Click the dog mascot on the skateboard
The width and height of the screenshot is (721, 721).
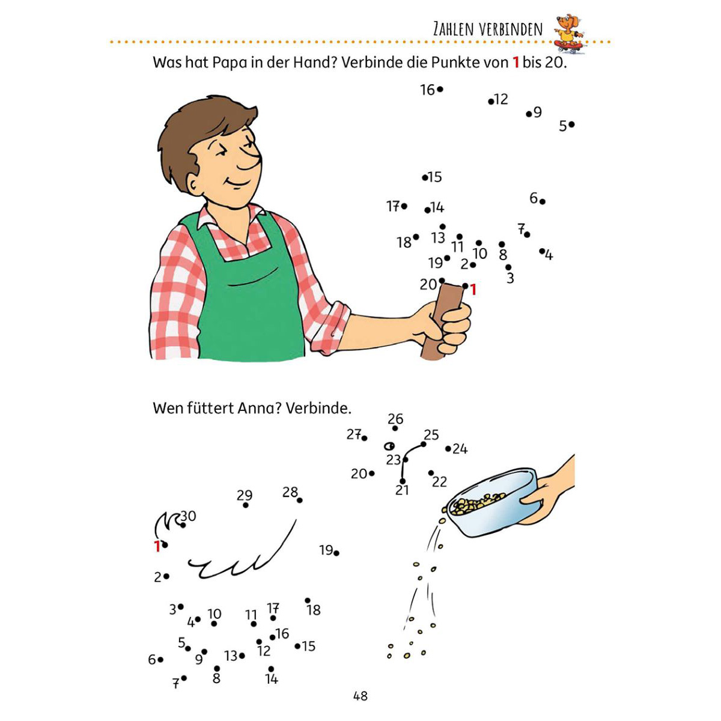click(569, 34)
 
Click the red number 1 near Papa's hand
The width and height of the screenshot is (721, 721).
click(473, 290)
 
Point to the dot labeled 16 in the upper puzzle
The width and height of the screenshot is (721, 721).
click(440, 90)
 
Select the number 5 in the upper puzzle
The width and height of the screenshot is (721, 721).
click(563, 126)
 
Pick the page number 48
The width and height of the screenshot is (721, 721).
click(360, 696)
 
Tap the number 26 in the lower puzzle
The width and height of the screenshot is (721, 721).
click(395, 419)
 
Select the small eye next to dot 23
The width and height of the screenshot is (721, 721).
click(389, 446)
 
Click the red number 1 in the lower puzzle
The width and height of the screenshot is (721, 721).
click(157, 547)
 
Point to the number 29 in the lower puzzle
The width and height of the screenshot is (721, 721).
click(245, 495)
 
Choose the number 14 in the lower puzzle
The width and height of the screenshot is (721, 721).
click(272, 679)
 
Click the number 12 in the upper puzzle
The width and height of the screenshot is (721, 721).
click(501, 99)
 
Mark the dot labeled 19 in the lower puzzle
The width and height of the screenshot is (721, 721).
click(336, 553)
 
